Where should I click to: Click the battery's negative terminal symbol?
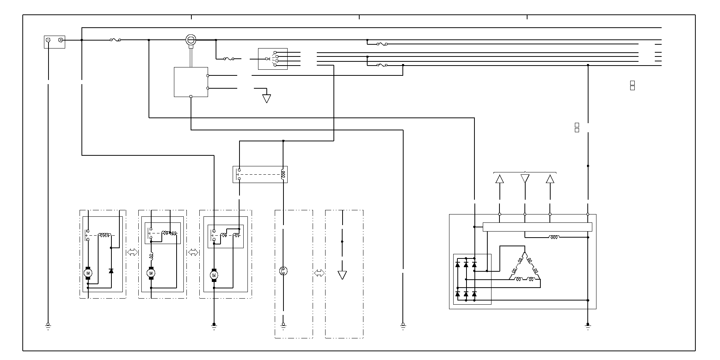(x=48, y=40)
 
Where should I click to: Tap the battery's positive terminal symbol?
(x=61, y=40)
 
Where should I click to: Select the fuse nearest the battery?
(x=115, y=40)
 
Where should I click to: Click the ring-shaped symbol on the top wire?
(x=191, y=40)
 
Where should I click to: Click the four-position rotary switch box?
(x=272, y=59)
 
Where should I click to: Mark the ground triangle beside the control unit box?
(x=267, y=99)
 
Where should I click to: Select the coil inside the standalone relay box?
(x=283, y=175)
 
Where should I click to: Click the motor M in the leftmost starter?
(x=88, y=273)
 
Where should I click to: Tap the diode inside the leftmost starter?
(x=111, y=271)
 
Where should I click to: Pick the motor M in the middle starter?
(x=151, y=273)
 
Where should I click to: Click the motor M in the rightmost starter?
(x=214, y=275)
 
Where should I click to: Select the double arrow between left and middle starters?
(x=132, y=252)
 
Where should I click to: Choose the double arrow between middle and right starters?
(x=193, y=252)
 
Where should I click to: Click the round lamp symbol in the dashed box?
(x=283, y=271)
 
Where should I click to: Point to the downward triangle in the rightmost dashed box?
(x=342, y=275)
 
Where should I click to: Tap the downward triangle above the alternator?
(x=525, y=178)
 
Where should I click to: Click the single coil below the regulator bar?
(x=554, y=238)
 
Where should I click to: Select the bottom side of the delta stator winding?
(x=524, y=280)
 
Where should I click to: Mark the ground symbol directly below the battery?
(x=48, y=326)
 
